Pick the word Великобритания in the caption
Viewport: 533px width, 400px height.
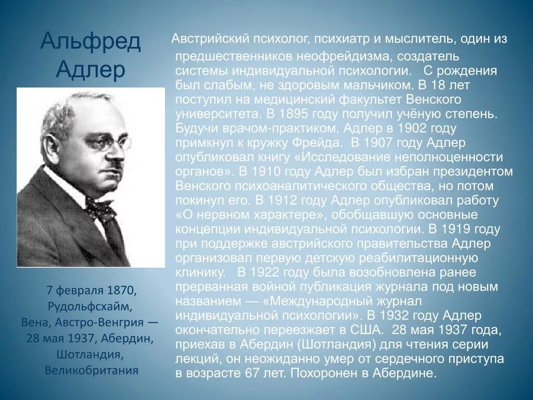91,370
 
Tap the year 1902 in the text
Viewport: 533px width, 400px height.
427,128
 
